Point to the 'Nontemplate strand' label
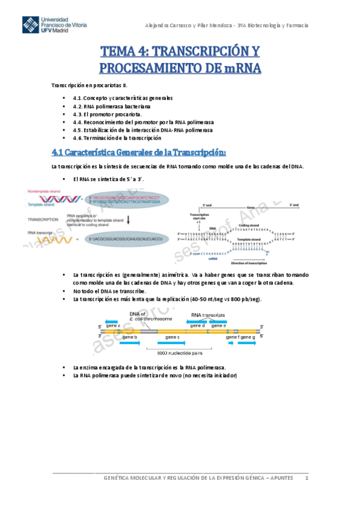(45, 191)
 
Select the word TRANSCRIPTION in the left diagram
(43, 220)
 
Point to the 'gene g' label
(249, 337)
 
